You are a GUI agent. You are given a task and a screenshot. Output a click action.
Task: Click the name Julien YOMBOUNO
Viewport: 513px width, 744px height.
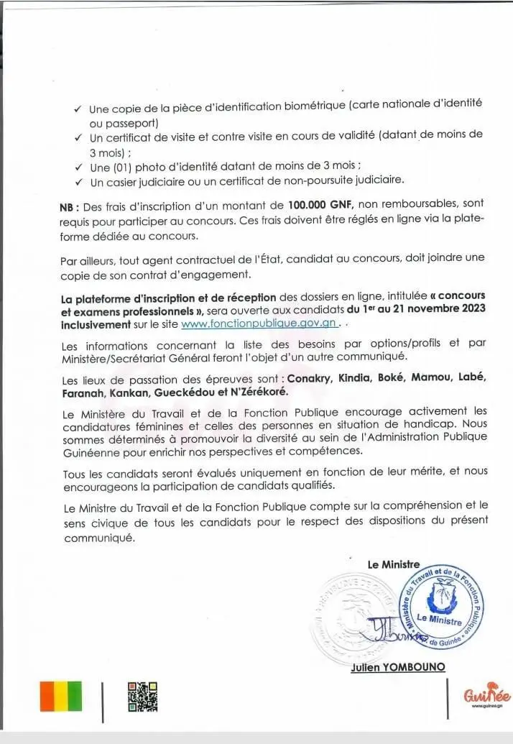coord(397,667)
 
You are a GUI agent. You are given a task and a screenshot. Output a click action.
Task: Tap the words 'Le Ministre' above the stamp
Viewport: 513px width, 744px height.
coord(393,564)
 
